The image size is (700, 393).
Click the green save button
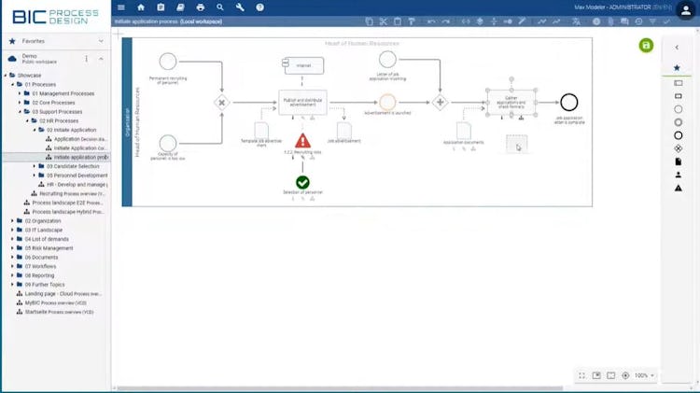click(646, 46)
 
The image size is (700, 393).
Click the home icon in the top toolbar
click(141, 7)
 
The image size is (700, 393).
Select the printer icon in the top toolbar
click(200, 7)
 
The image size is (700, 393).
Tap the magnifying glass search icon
click(220, 7)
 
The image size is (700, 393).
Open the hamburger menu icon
click(120, 7)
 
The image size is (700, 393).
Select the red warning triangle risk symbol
click(302, 141)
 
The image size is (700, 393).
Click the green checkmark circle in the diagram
click(302, 182)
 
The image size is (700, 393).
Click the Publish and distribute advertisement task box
click(302, 102)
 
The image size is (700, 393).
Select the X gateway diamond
click(222, 102)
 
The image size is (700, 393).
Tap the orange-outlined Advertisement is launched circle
click(388, 102)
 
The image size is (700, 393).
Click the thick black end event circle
click(568, 102)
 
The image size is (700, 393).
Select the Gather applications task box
click(511, 102)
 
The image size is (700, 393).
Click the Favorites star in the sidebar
click(12, 41)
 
